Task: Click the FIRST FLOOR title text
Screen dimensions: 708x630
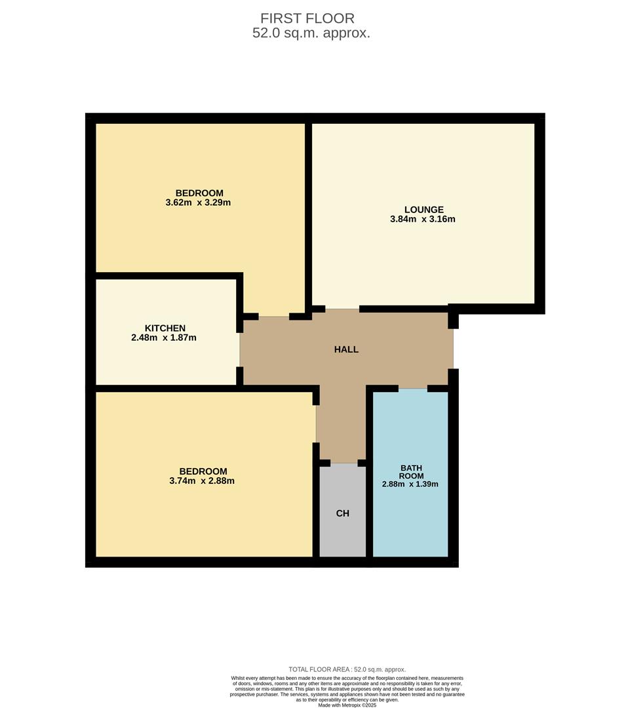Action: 307,18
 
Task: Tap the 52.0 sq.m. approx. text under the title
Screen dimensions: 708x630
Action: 311,33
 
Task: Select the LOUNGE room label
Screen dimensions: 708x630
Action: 423,210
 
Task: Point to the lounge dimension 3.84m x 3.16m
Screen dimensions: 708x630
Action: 422,219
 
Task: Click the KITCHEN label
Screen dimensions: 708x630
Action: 165,328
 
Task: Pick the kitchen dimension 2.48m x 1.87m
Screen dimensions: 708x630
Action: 164,338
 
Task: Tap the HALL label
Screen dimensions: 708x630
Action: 346,349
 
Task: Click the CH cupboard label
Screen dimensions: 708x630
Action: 342,513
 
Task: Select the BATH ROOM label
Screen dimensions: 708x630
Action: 411,472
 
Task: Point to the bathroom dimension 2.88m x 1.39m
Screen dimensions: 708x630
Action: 410,484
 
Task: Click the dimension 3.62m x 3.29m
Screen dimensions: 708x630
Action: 198,203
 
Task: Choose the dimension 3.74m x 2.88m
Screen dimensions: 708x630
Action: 202,481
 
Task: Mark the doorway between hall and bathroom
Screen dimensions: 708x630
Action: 413,389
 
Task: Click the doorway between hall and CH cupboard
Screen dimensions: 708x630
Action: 344,463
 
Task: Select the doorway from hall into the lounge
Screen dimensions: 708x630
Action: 342,309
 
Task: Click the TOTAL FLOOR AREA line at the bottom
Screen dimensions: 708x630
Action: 347,669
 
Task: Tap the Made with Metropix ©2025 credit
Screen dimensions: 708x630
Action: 347,705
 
